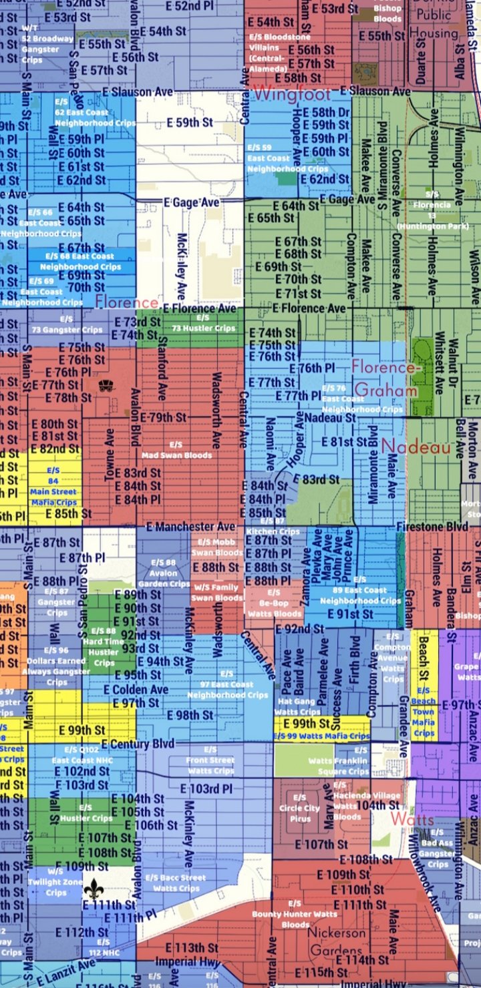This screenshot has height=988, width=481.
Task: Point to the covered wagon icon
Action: [x=105, y=386]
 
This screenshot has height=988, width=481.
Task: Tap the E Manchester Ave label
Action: [x=190, y=527]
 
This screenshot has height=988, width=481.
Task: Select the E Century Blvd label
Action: [x=138, y=744]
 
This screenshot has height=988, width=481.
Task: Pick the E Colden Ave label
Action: [x=136, y=690]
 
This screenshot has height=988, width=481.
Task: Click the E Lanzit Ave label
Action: [x=67, y=972]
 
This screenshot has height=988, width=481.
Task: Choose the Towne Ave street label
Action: [x=110, y=455]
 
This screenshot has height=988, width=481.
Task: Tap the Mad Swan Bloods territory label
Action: [x=176, y=450]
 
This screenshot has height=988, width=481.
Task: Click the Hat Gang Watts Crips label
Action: [x=298, y=706]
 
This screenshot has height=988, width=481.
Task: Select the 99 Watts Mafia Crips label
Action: [x=321, y=736]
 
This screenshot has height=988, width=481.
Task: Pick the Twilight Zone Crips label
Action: [x=56, y=882]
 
